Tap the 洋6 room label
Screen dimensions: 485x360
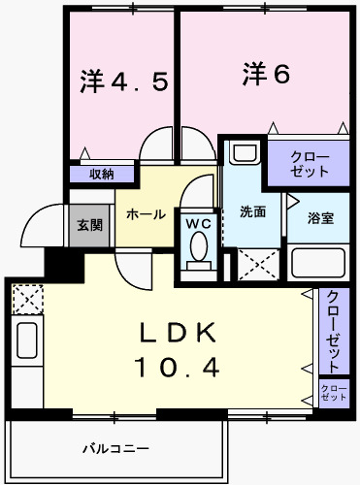[266, 75]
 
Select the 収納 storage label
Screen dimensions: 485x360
[102, 175]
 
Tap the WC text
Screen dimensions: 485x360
[198, 222]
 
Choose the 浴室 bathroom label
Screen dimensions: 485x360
[321, 217]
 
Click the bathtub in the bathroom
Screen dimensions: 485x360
[317, 264]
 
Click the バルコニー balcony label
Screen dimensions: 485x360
[115, 449]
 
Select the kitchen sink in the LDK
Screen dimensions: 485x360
[25, 340]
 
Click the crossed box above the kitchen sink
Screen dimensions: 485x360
[26, 297]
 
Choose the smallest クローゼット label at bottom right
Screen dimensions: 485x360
[334, 393]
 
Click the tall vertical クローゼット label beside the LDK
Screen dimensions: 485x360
[333, 331]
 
